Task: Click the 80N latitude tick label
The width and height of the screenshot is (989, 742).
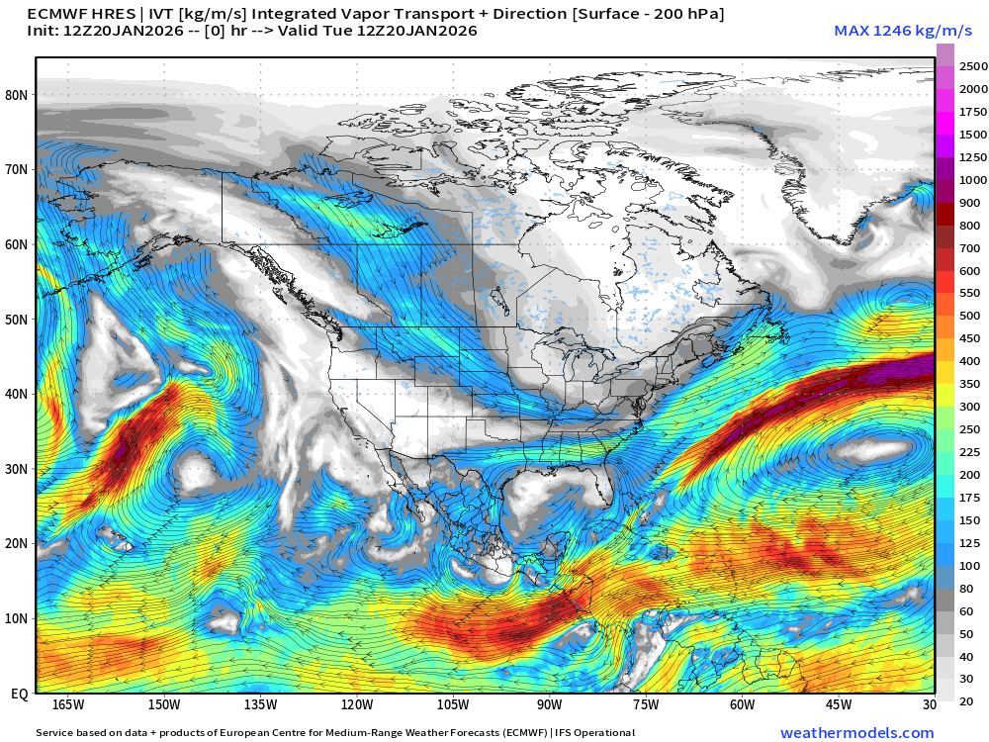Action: [x=17, y=95]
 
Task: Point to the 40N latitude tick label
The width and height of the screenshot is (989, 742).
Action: [x=17, y=394]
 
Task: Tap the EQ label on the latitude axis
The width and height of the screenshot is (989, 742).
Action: [x=19, y=695]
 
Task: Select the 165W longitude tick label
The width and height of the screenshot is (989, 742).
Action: [x=67, y=704]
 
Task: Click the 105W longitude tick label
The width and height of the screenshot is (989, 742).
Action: [x=453, y=704]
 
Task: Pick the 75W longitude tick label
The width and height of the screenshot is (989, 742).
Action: [x=646, y=704]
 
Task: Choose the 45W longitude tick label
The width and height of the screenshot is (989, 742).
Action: [x=839, y=704]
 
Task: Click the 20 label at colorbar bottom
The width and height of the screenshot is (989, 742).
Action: [x=966, y=701]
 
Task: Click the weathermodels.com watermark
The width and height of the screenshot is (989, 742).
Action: [x=856, y=733]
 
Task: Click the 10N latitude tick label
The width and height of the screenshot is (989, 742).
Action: [x=17, y=619]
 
